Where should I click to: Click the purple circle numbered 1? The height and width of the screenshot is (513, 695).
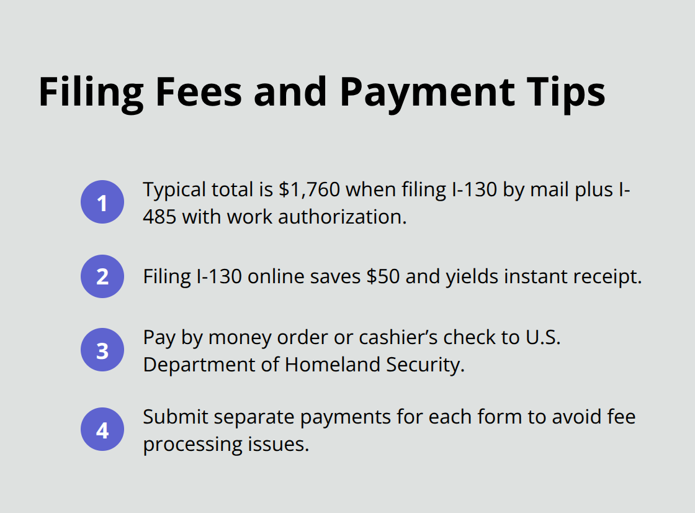(102, 202)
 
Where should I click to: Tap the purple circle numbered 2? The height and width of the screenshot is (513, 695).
(102, 276)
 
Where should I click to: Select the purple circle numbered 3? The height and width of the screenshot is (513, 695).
(102, 350)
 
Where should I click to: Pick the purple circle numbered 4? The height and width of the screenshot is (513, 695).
(102, 430)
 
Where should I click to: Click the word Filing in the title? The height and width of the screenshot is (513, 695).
(91, 93)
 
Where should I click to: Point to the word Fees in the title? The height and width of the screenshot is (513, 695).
(199, 93)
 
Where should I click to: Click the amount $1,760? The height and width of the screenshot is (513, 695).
(310, 189)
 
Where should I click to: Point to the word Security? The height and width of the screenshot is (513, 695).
(425, 365)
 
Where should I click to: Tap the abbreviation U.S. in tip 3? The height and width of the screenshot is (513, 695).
(543, 337)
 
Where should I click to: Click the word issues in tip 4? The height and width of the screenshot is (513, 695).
(278, 444)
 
